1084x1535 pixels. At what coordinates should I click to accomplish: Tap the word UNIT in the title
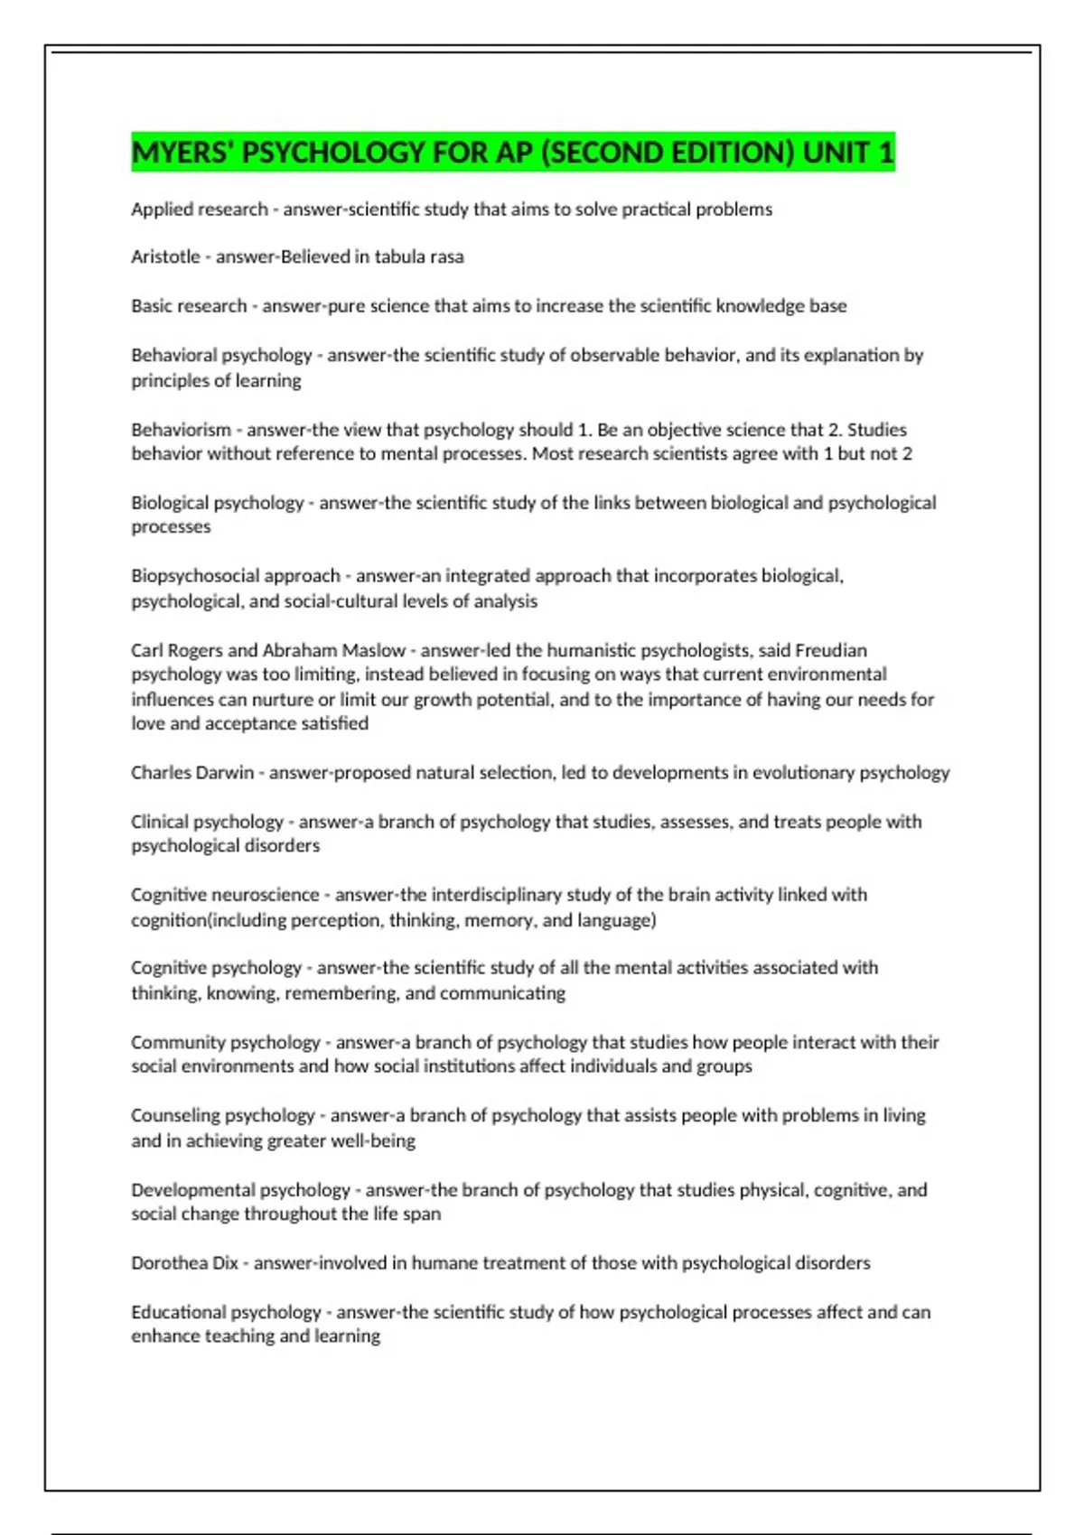(x=835, y=153)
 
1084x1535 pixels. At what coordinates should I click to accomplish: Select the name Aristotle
(x=165, y=257)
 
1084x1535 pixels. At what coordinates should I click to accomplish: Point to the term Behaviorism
(x=181, y=430)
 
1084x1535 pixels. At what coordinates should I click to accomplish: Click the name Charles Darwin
(x=192, y=773)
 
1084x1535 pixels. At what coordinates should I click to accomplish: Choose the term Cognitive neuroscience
(x=225, y=895)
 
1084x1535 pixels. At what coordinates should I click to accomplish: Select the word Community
(x=178, y=1042)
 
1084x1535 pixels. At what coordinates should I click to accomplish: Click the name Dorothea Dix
(x=184, y=1263)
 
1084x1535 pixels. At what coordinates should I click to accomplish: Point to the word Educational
(x=177, y=1312)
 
